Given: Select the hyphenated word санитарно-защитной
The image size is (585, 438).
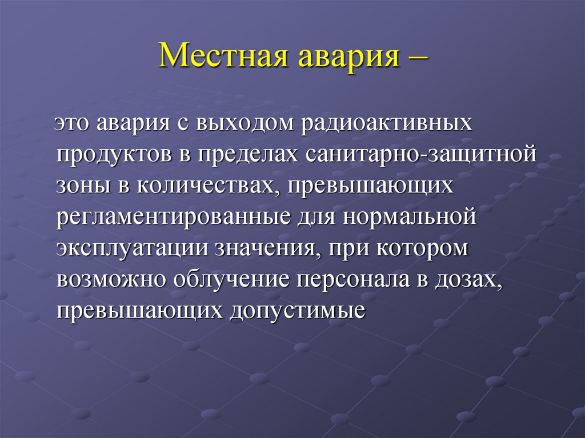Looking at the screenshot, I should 422,155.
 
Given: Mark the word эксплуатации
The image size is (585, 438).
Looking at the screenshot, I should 133,249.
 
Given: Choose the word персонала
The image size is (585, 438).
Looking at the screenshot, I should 353,280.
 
